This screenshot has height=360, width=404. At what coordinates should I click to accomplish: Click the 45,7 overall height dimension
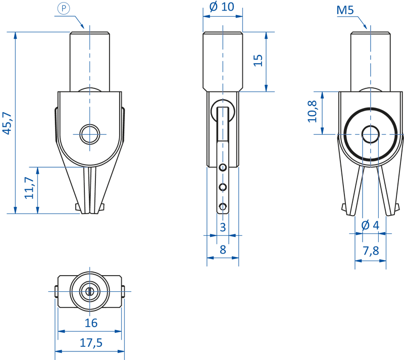[8, 123]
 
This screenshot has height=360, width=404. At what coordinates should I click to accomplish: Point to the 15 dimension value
[258, 60]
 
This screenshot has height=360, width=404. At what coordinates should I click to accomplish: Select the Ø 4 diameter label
[371, 225]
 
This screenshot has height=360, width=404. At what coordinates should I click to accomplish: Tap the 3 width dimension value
[222, 227]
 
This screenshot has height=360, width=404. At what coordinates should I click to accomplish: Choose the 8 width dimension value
[222, 249]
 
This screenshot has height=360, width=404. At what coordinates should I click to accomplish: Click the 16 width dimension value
[91, 323]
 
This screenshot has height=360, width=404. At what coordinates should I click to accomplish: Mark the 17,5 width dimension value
[91, 343]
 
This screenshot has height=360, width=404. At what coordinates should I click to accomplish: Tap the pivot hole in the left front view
[90, 133]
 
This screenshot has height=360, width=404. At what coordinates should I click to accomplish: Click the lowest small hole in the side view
[222, 207]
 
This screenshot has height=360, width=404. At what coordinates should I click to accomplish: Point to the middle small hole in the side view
[222, 187]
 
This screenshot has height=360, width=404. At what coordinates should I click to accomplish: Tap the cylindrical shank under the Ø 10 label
[223, 61]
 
